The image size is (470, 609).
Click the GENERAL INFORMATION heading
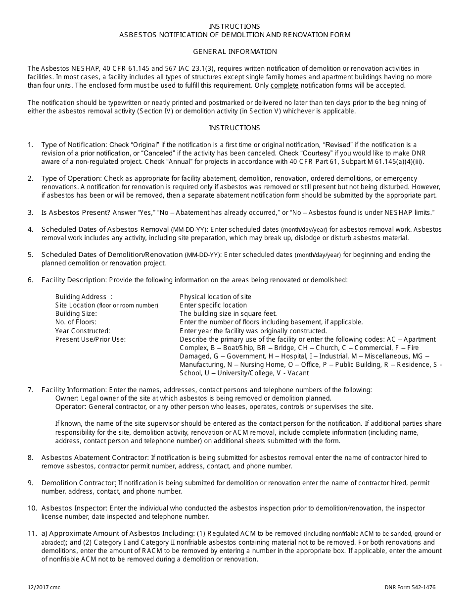coord(235,51)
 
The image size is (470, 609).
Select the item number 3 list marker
coord(31,212)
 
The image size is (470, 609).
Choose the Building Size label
coord(76,313)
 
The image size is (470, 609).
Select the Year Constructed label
coord(83,331)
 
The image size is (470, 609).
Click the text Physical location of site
coord(216,297)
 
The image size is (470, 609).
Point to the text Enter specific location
coord(213,305)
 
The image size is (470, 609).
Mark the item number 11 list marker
coord(32,533)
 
